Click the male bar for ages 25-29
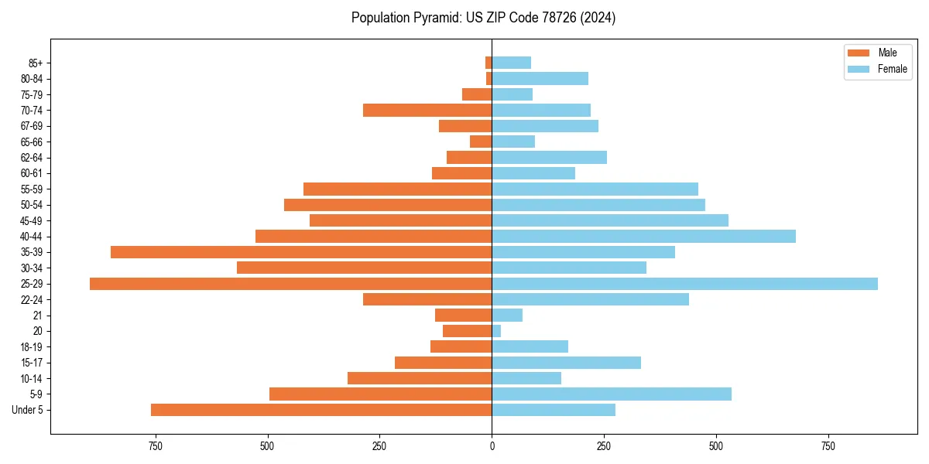(x=290, y=284)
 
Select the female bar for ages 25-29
(x=684, y=284)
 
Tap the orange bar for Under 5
(x=321, y=410)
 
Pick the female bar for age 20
(x=496, y=331)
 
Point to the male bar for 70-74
(x=427, y=111)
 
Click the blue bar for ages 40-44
(x=643, y=237)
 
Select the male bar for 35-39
(x=301, y=252)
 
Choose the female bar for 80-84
(x=540, y=79)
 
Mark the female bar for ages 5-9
(x=612, y=394)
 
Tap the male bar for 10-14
(x=420, y=378)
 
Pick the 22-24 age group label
(x=32, y=300)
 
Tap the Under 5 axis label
(x=28, y=410)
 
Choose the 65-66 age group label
(x=32, y=142)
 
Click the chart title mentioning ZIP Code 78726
(x=483, y=18)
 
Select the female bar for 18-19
(x=530, y=346)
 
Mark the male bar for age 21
(x=463, y=316)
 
